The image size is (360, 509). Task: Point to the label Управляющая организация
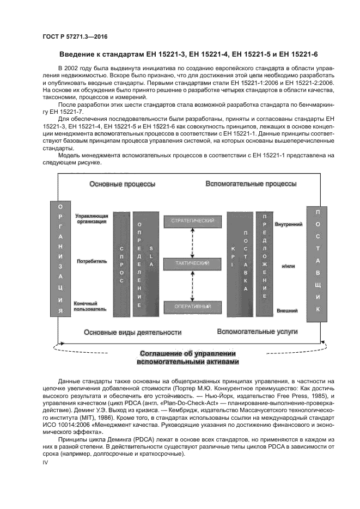(91, 219)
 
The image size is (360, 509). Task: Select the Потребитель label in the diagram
(91, 261)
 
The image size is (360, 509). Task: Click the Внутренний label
(289, 224)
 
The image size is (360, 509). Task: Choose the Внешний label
(287, 310)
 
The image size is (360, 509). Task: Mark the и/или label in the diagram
(288, 267)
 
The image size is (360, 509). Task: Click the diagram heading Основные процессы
(123, 185)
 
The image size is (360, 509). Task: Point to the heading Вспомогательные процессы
(251, 184)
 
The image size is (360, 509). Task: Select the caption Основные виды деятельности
(132, 332)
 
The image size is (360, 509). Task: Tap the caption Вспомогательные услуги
(257, 331)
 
